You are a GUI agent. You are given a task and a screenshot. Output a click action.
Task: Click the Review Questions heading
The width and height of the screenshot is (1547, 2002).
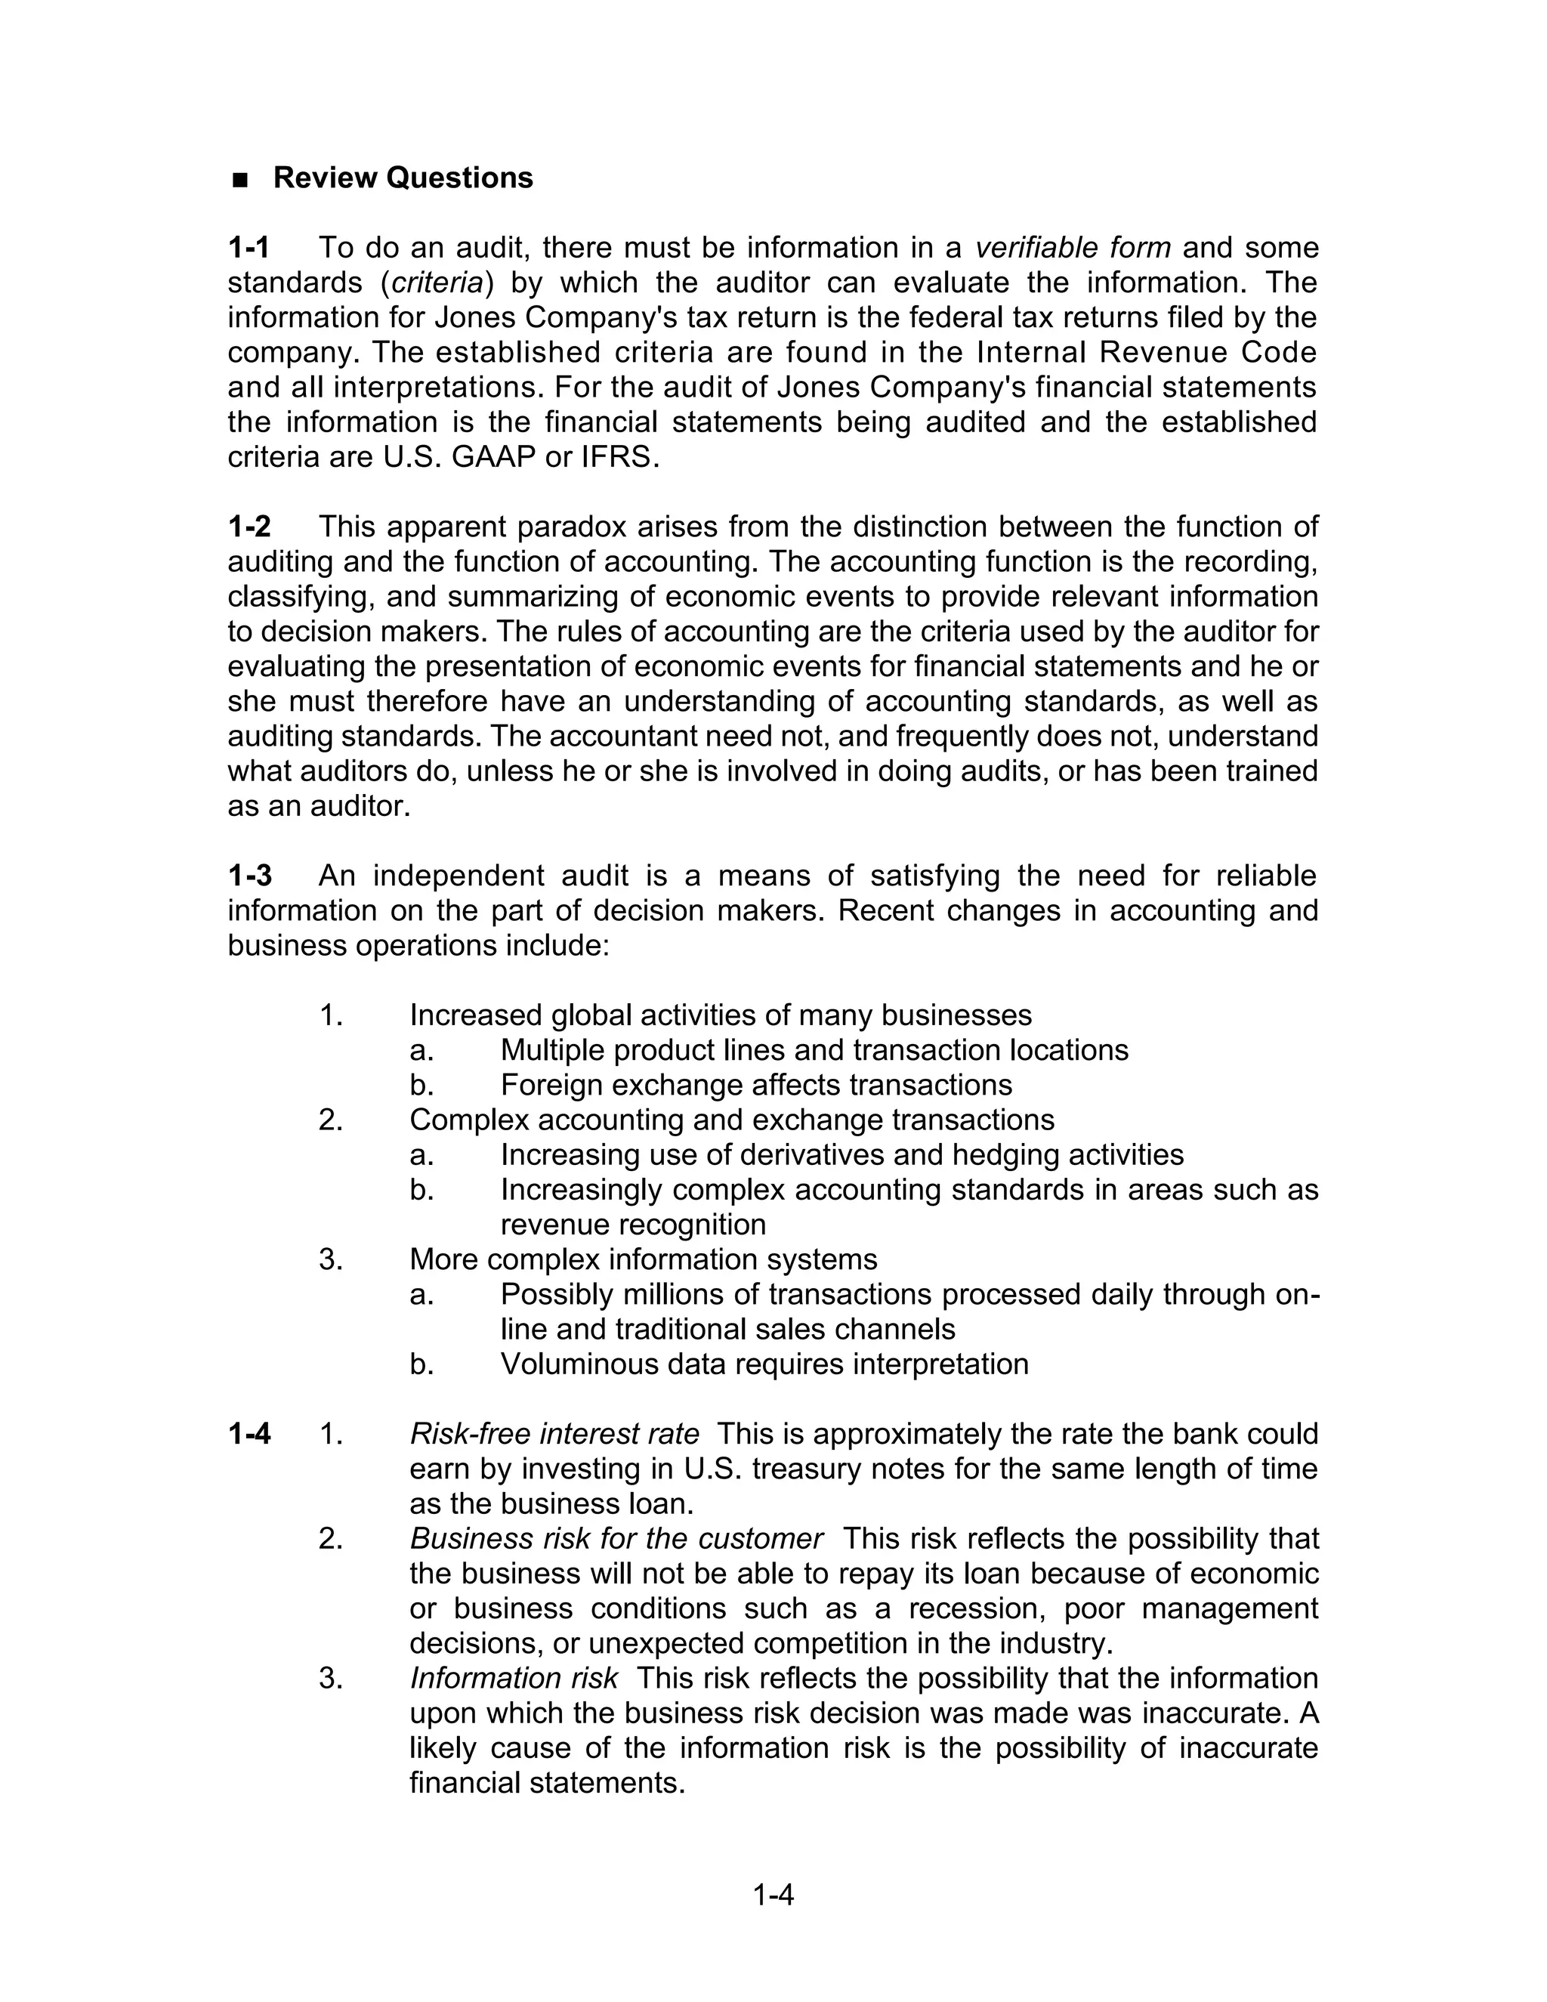click(403, 178)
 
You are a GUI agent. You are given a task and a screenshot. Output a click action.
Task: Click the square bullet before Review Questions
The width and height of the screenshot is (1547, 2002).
click(241, 180)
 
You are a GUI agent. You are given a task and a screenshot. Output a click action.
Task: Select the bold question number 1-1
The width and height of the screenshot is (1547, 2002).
click(249, 248)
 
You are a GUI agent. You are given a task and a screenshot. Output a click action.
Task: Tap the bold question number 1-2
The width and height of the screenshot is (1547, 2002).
click(249, 527)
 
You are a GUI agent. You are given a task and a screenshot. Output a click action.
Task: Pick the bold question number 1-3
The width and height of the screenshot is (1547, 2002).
click(249, 876)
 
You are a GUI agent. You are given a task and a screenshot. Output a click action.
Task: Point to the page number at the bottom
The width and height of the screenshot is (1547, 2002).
click(773, 1894)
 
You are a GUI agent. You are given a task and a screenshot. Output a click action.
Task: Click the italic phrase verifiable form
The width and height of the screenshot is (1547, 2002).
click(1073, 248)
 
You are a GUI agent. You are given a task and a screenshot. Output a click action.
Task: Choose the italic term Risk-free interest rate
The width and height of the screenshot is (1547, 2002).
click(554, 1432)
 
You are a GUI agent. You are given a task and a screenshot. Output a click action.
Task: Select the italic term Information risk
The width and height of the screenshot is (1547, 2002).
click(513, 1677)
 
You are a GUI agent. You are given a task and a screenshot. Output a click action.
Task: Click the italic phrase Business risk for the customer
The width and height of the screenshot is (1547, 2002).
click(616, 1538)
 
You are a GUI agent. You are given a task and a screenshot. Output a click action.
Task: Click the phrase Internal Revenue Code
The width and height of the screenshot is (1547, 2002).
click(1147, 352)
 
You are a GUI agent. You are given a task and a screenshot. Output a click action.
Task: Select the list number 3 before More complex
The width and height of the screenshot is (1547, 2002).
click(330, 1259)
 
